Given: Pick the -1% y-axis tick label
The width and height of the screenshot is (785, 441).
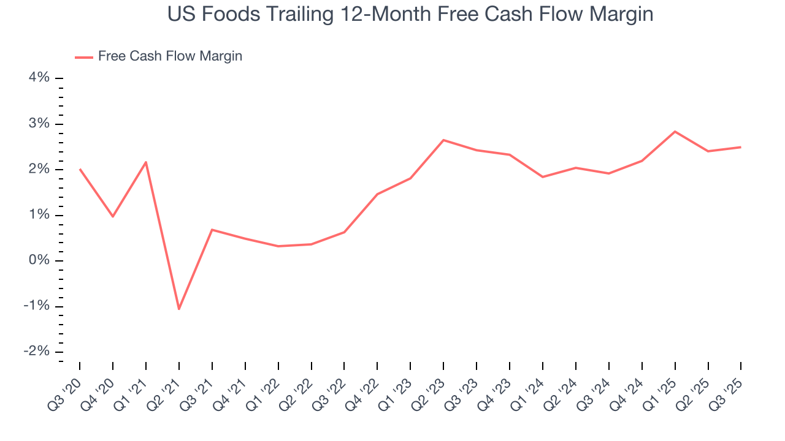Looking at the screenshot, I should point(36,307).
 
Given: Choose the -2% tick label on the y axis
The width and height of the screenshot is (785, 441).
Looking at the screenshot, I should point(36,352).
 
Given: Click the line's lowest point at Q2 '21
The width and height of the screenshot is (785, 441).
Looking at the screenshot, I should point(178,309).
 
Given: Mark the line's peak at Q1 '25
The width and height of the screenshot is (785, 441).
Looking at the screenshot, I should point(675,131).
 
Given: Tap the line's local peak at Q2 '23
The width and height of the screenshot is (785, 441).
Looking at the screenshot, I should point(443,140).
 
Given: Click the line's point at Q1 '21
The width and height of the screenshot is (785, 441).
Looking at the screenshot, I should point(146,162).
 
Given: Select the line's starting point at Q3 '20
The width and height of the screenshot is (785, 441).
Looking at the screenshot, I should point(80,169).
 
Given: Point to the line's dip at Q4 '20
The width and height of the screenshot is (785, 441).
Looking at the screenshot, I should point(113,216).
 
